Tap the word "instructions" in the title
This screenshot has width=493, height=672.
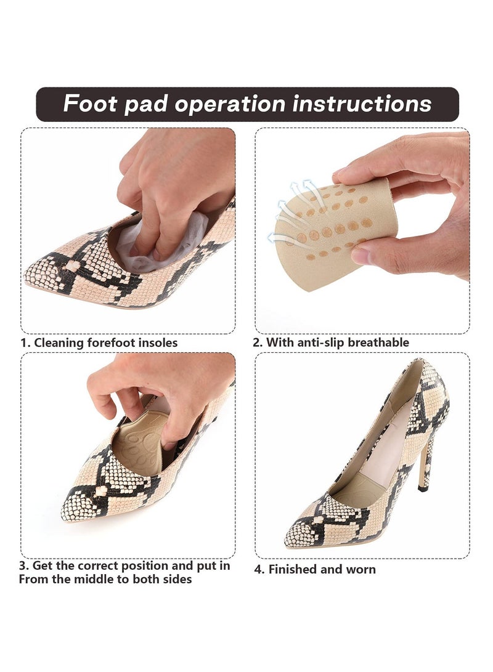362,103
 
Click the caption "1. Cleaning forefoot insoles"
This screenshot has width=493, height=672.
100,342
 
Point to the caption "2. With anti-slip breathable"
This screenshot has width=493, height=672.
332,342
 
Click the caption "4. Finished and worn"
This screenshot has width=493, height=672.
315,570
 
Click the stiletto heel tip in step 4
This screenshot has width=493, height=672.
423,488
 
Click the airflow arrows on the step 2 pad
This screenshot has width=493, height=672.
293,209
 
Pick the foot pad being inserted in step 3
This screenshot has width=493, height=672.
139,443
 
